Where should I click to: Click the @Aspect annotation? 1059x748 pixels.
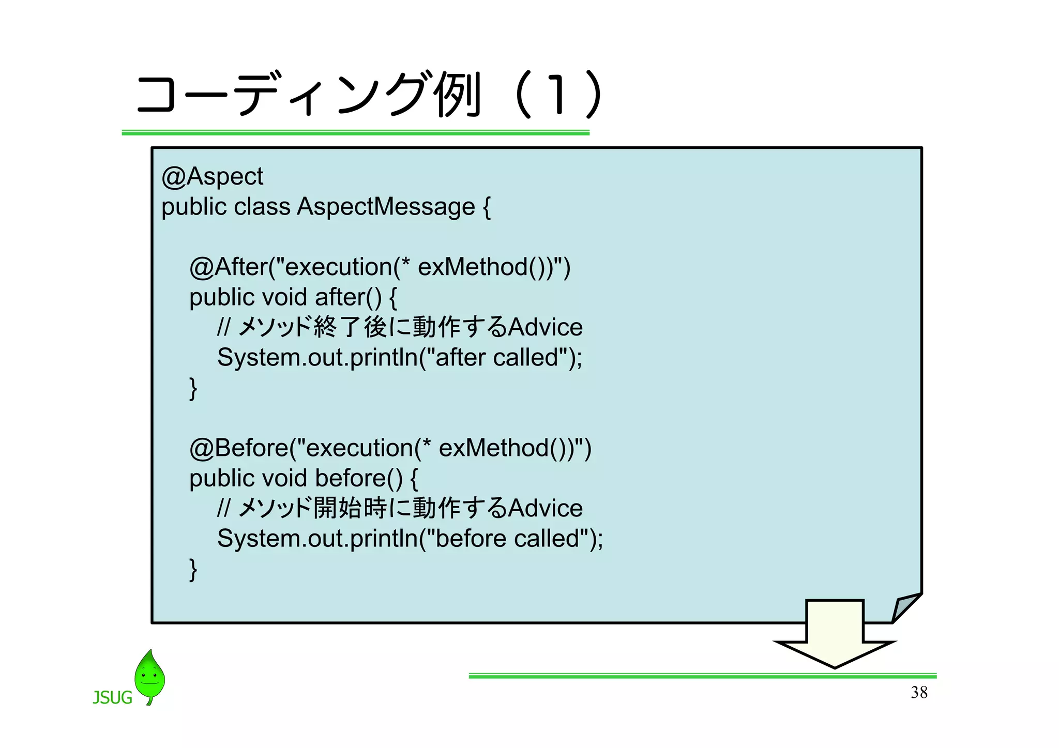point(212,177)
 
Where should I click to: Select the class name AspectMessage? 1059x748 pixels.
point(386,207)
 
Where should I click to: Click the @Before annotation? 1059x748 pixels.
point(239,448)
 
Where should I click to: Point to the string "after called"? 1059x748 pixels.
point(498,357)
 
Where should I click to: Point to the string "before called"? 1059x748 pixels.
point(508,538)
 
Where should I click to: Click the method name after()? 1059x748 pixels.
point(348,297)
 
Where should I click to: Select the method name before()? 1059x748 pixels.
point(358,478)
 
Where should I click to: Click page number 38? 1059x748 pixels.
point(919,692)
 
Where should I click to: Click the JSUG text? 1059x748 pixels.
point(112,698)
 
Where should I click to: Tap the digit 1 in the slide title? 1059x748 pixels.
point(556,95)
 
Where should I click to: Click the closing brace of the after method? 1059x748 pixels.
point(193,389)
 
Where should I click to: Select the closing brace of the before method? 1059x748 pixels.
point(193,570)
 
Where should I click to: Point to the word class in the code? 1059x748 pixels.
point(262,207)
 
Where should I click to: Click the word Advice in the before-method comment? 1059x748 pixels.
point(545,508)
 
